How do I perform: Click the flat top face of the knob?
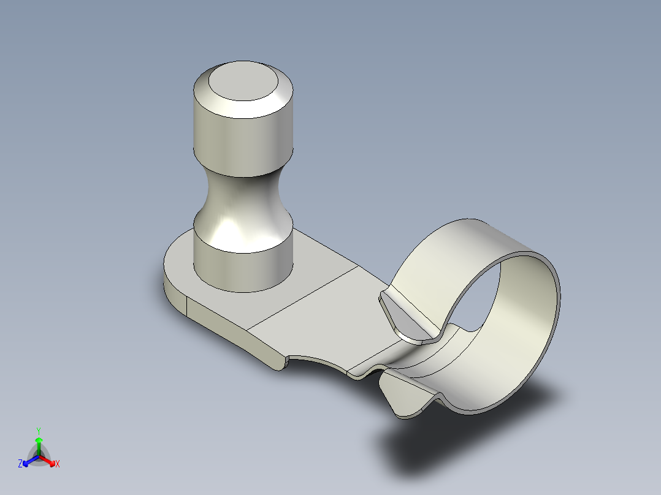pos(243,82)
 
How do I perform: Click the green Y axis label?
pos(39,430)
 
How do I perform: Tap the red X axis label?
pos(58,464)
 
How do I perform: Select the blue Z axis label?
pos(20,464)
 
